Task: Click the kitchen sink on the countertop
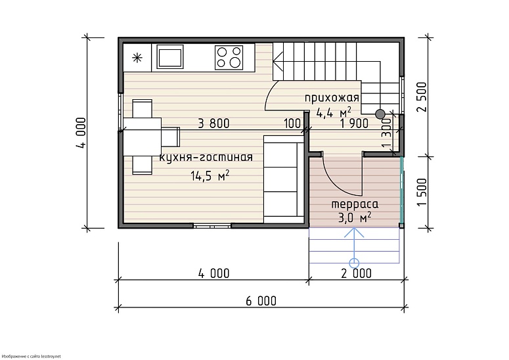tap(169, 56)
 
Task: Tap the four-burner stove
tap(229, 57)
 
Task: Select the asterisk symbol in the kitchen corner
tap(137, 58)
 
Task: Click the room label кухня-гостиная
tap(206, 158)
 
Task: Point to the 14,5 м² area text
tap(210, 175)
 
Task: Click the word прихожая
tap(332, 98)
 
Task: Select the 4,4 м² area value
tap(334, 112)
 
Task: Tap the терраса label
tap(355, 204)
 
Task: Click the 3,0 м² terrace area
tap(355, 217)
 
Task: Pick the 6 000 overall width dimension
tap(261, 301)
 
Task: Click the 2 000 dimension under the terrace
tap(356, 273)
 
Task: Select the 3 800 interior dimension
tap(213, 124)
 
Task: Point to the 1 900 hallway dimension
tap(354, 124)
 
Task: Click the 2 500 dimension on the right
tap(422, 97)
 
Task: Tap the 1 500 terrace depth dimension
tap(422, 192)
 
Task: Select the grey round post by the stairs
tap(380, 114)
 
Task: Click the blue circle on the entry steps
tap(354, 262)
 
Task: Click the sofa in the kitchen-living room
tap(283, 179)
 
